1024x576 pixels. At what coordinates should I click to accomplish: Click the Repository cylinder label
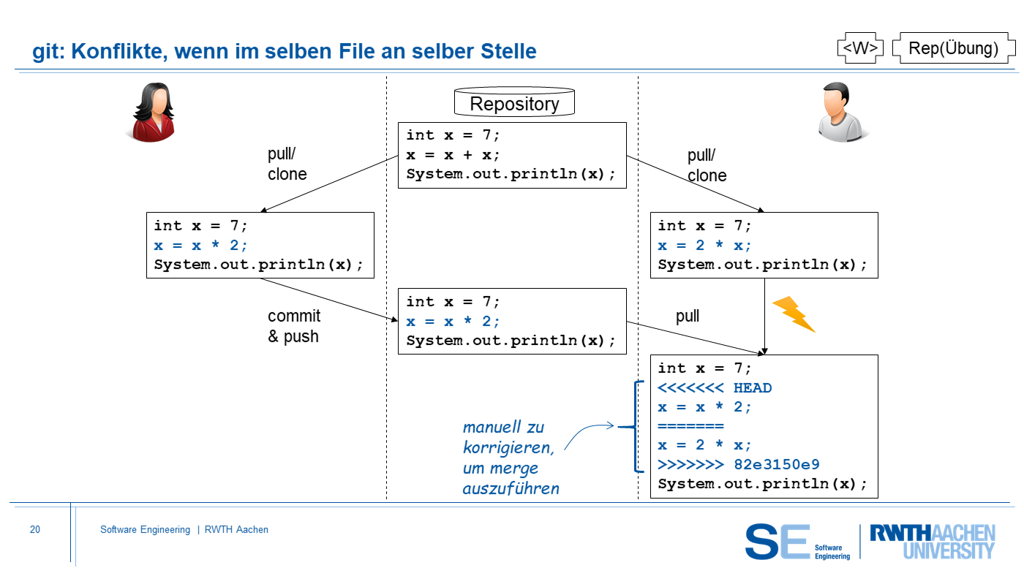[514, 104]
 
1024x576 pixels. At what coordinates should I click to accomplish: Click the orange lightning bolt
[794, 314]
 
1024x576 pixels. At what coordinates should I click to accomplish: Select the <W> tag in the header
[859, 48]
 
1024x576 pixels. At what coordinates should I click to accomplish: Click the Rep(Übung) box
[953, 48]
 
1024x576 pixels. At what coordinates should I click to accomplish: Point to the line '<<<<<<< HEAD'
[715, 387]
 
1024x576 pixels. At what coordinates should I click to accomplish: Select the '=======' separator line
[690, 426]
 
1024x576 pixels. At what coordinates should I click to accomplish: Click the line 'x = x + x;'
[453, 155]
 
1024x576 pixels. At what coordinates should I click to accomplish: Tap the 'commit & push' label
[293, 326]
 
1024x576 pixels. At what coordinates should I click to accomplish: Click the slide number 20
[35, 530]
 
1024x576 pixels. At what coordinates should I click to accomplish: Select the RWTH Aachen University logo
[932, 542]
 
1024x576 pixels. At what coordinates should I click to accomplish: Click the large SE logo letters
[778, 542]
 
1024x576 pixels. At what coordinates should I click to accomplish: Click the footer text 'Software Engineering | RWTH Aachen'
[184, 530]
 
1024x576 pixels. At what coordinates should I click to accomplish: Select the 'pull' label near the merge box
[688, 316]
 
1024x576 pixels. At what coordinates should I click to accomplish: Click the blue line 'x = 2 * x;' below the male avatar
[704, 246]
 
